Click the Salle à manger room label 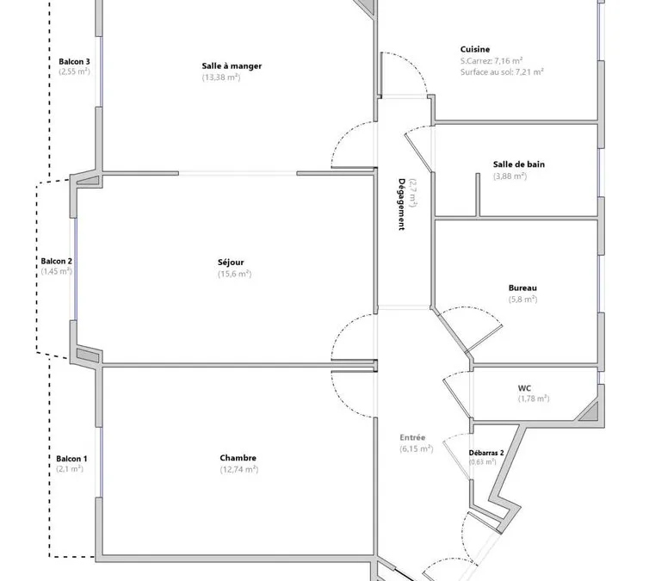pos(232,65)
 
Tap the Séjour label pos(231,263)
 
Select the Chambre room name pos(238,458)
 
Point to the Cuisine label pos(475,49)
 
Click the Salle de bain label pos(519,164)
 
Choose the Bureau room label pos(522,288)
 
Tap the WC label pos(524,388)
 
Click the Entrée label pos(412,437)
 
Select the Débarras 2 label pos(486,453)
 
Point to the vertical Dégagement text pos(401,204)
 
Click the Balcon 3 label pos(74,62)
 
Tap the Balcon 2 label pos(56,261)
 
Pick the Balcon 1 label pos(71,459)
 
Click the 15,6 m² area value pos(235,274)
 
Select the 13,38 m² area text pos(221,77)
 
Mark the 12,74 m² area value pos(239,469)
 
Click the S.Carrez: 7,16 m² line pos(491,61)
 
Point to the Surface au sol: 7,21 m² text pos(502,72)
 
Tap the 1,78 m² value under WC pos(534,399)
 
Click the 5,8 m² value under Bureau pos(522,300)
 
